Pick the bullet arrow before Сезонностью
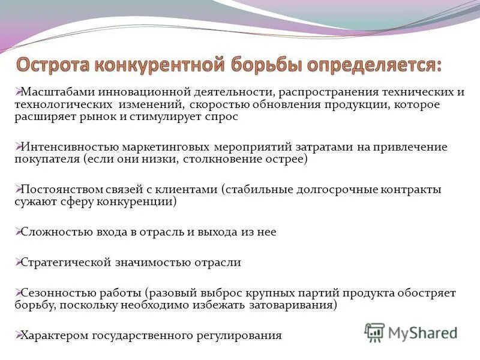point(18,293)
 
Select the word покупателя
point(47,160)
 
